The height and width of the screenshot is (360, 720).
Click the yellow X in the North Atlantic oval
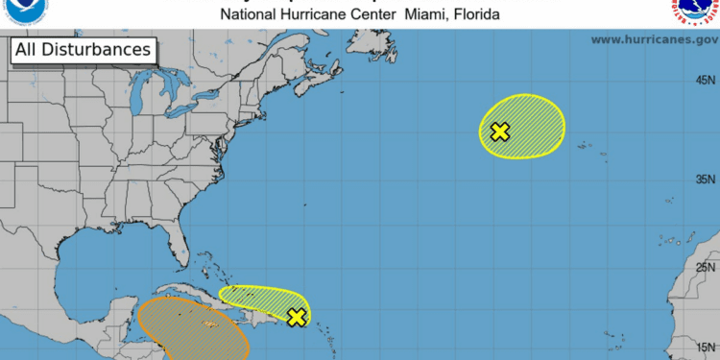pyautogui.click(x=499, y=132)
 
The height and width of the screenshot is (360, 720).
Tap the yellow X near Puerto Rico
pyautogui.click(x=298, y=317)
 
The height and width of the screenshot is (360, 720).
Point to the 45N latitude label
pyautogui.click(x=706, y=81)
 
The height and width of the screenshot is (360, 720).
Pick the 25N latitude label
pyautogui.click(x=706, y=268)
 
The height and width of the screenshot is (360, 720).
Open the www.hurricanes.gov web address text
pyautogui.click(x=655, y=39)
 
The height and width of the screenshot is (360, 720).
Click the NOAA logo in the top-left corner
pyautogui.click(x=21, y=11)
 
